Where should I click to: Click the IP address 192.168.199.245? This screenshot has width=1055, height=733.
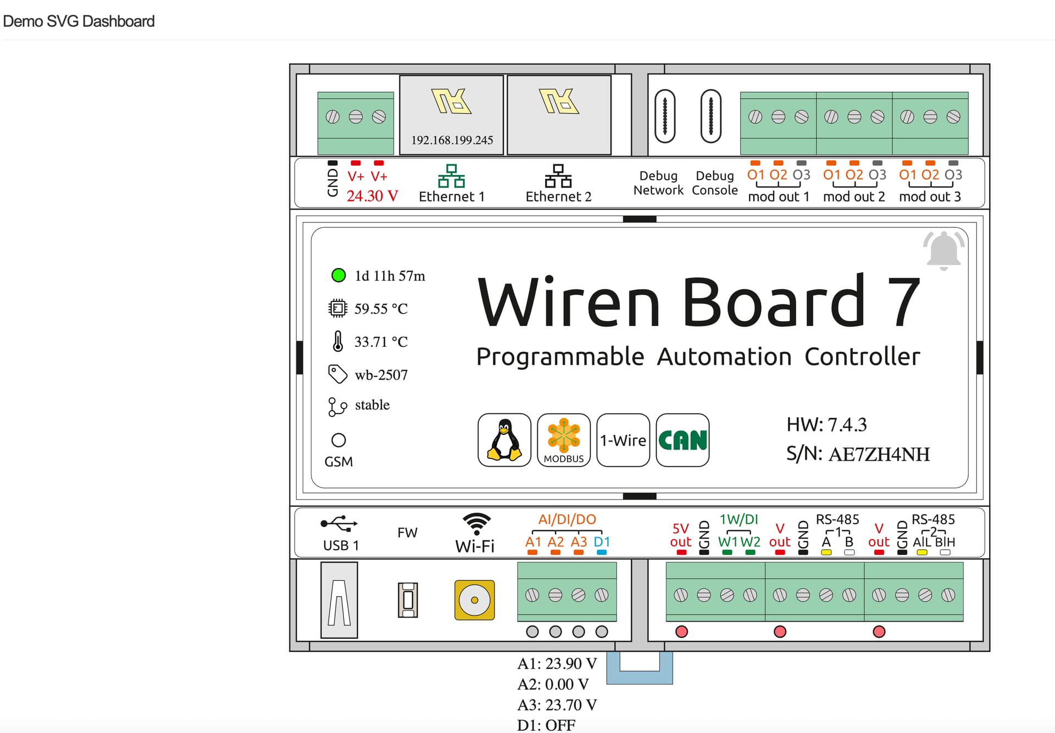(452, 140)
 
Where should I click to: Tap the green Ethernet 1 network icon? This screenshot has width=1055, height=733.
(451, 176)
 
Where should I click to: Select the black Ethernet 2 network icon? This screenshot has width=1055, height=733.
(558, 176)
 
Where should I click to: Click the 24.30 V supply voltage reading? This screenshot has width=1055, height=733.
(372, 196)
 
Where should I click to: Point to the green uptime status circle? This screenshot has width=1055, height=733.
(338, 275)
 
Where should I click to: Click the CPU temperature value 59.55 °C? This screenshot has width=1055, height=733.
(381, 309)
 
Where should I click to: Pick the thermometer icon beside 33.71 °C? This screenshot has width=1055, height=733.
(338, 341)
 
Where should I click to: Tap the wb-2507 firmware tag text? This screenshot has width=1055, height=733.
(381, 375)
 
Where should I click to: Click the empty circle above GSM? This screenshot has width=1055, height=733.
(338, 440)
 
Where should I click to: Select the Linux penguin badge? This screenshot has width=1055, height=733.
(504, 440)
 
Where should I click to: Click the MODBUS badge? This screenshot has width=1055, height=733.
(563, 440)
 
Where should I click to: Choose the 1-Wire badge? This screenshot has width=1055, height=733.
(623, 440)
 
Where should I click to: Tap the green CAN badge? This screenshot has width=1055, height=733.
(682, 440)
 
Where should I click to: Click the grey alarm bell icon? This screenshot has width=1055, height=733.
(943, 250)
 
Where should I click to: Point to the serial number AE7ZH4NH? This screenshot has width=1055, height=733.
(879, 454)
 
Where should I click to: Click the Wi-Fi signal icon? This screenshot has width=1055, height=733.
(476, 523)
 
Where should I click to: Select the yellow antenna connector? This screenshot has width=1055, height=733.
(474, 600)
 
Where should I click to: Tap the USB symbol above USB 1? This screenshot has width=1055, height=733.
(339, 524)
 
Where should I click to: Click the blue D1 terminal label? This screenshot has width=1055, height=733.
(602, 542)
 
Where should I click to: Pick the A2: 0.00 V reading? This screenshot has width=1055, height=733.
(553, 684)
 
